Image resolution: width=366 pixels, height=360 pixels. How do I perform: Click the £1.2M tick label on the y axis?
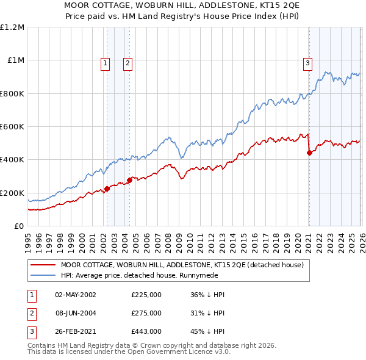pos(12,27)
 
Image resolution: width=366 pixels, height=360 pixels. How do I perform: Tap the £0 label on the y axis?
pos(20,226)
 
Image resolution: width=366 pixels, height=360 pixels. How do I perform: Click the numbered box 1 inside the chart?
pos(106,62)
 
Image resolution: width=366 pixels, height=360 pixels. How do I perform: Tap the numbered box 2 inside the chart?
pos(127,62)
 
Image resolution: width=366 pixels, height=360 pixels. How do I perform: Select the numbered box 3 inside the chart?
pos(307,62)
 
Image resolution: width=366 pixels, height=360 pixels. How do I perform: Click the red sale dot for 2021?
pos(309,153)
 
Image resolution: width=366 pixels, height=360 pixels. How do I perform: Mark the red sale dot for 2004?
pos(129,180)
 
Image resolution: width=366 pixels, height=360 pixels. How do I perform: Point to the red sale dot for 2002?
pos(107,189)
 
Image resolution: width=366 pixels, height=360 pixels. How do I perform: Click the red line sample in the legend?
pos(43,265)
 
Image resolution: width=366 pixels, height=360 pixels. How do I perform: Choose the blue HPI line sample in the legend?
pos(43,275)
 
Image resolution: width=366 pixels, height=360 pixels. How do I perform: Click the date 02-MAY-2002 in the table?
pos(76,294)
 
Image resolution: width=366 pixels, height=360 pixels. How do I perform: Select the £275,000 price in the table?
pos(146,313)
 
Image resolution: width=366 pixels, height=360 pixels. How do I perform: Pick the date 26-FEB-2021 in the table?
pos(76,332)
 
